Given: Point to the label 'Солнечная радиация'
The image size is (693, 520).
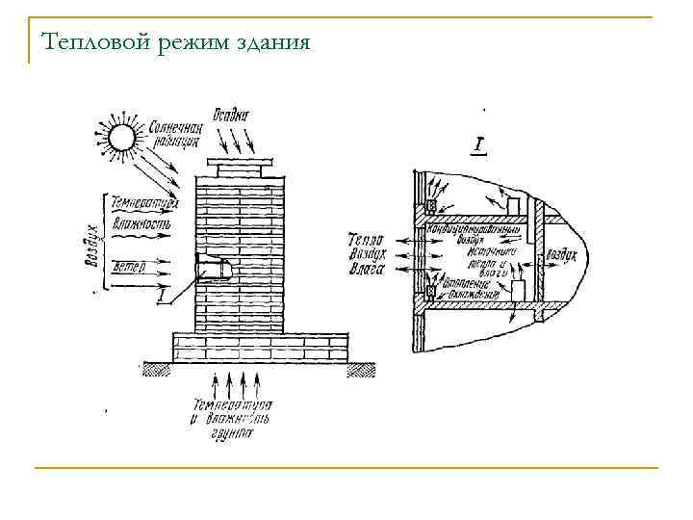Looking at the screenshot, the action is click(x=173, y=132).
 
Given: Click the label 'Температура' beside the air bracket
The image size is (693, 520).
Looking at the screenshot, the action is click(x=144, y=204).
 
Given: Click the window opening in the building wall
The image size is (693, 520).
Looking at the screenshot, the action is click(x=212, y=268).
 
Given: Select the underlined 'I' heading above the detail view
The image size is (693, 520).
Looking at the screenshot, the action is click(x=477, y=145).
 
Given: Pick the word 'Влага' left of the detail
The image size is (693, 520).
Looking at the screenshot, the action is click(x=366, y=271).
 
